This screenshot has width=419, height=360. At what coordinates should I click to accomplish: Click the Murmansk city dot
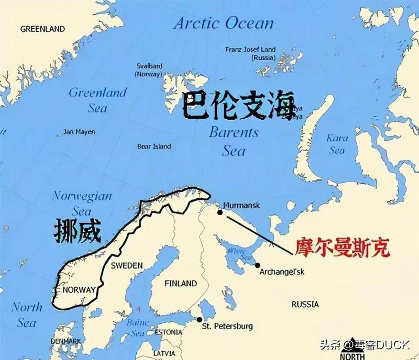coord(220,212)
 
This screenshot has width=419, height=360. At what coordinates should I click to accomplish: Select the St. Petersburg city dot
coord(199,320)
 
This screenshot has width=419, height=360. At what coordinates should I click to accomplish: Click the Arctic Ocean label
coord(224,23)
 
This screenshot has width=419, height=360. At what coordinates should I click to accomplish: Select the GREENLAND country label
coord(42,29)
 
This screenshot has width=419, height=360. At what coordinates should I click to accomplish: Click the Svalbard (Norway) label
coord(149,70)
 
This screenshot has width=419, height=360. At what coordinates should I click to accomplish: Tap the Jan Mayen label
coord(79,132)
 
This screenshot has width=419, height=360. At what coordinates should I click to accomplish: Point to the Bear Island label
coord(154,147)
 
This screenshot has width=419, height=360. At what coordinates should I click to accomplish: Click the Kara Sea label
coord(337,144)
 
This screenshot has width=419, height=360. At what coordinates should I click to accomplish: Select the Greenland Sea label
coord(98,100)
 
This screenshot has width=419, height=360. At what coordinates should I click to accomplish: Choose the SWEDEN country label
coord(126,265)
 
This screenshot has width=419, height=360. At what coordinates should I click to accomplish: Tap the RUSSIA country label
coord(305,304)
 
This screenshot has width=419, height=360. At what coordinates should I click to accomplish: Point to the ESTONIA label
coord(169,332)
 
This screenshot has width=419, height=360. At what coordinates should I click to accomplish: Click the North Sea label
coord(27,314)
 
